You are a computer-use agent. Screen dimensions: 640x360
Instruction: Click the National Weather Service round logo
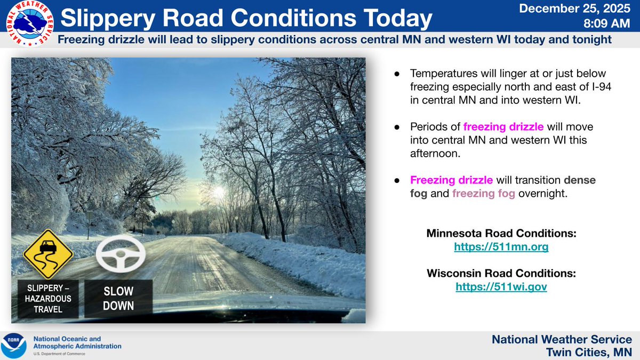coord(30,23)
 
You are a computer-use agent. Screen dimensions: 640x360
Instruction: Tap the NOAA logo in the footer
coord(13,346)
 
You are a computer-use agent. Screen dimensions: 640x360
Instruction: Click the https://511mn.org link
coord(501,246)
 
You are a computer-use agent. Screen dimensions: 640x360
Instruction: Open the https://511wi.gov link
coord(501,286)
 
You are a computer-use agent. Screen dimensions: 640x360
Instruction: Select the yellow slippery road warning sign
coord(48,254)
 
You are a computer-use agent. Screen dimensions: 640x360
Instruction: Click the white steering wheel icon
coord(121,253)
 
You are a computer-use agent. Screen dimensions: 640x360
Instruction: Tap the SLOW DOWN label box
coord(118,299)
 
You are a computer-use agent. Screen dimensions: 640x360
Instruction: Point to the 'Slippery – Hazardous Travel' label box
coord(48,299)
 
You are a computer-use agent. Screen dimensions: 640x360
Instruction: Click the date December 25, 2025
coord(574,9)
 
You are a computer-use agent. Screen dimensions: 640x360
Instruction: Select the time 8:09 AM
coord(606,23)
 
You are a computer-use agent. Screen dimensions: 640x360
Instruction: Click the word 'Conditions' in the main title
coord(293,18)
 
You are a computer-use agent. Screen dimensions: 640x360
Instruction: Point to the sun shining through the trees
coord(219,191)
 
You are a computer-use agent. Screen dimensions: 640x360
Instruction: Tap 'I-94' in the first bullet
coord(601,86)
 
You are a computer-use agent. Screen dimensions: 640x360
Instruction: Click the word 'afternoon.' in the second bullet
coord(435,154)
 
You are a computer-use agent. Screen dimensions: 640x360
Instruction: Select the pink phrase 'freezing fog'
coord(483,194)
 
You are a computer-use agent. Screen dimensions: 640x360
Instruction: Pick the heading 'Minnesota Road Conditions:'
coord(501,233)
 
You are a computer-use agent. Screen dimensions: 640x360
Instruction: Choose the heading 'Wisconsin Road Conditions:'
coord(501,273)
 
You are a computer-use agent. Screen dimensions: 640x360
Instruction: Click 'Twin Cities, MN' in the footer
coord(589,353)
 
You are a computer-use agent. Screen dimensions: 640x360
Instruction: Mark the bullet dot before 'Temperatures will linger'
coord(397,74)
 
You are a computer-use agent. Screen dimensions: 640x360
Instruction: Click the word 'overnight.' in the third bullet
coord(543,194)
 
